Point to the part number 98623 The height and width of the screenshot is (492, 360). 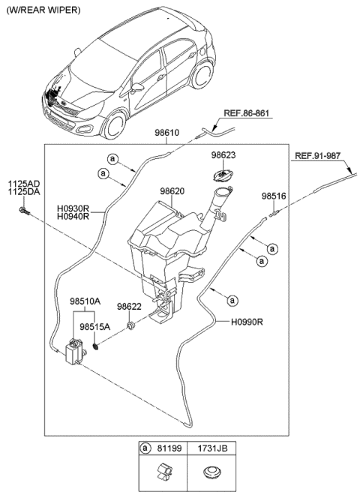coord(223,157)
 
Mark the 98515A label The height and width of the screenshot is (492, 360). coord(96,327)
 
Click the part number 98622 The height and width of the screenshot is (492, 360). coord(130,307)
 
